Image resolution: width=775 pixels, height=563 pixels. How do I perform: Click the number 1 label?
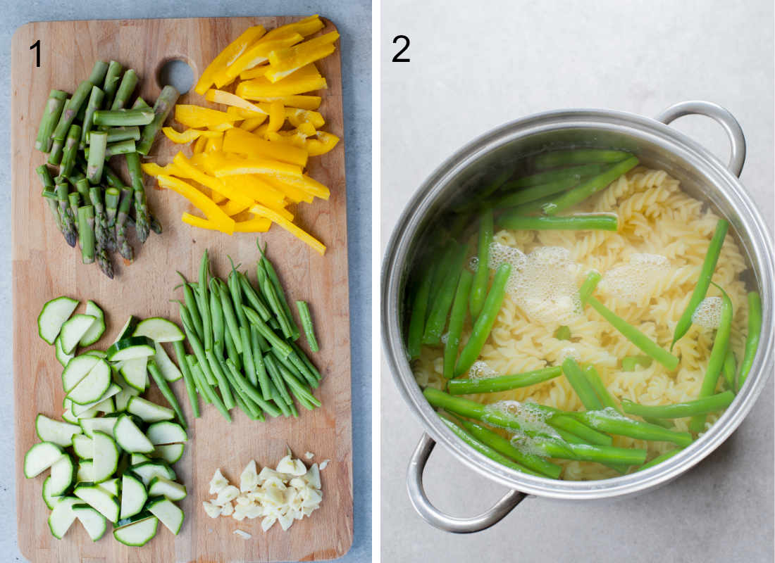[35, 53]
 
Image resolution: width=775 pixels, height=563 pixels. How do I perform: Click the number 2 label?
[401, 49]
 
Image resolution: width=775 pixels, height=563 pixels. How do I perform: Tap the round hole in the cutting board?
[177, 75]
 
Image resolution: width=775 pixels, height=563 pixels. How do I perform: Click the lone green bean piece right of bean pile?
[307, 326]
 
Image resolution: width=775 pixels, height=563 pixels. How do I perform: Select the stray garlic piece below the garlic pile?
[242, 534]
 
